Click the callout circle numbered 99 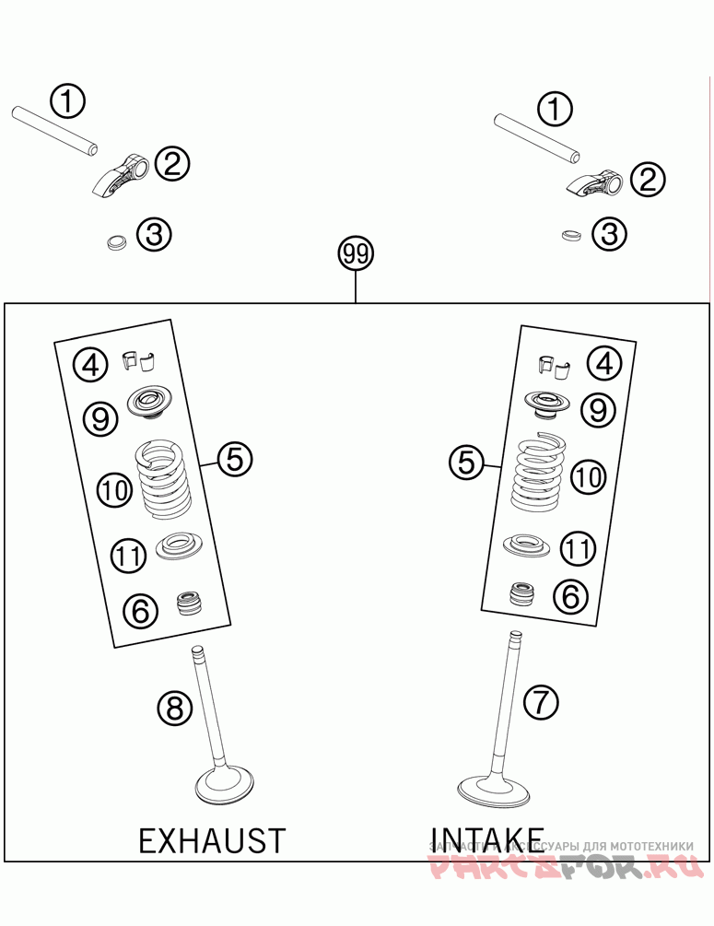pyautogui.click(x=356, y=254)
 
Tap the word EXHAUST pyautogui.click(x=212, y=840)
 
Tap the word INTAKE pyautogui.click(x=486, y=838)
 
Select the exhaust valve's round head pyautogui.click(x=226, y=786)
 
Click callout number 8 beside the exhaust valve pyautogui.click(x=174, y=708)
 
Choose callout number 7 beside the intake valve pyautogui.click(x=541, y=702)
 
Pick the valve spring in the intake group pyautogui.click(x=540, y=473)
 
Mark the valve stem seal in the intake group pyautogui.click(x=523, y=593)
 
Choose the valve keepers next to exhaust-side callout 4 pyautogui.click(x=138, y=362)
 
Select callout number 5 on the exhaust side pyautogui.click(x=235, y=457)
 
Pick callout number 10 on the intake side pyautogui.click(x=588, y=476)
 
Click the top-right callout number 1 pyautogui.click(x=555, y=110)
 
